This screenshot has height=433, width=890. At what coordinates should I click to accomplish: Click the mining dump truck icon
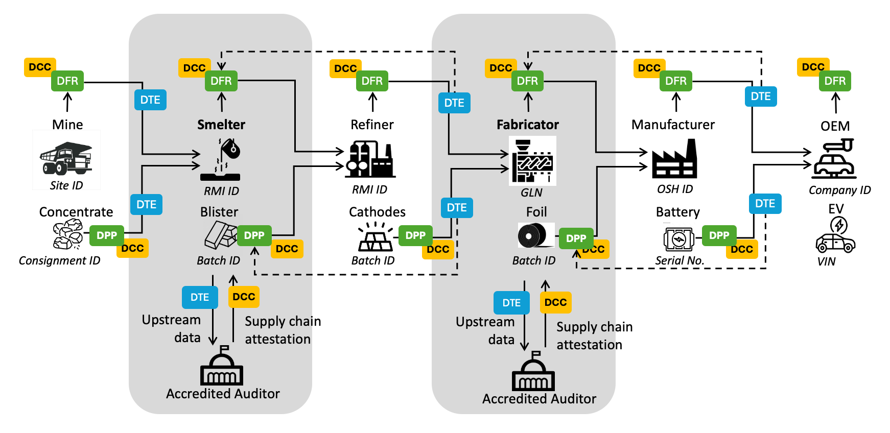click(66, 158)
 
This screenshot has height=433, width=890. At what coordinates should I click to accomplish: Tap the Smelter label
click(221, 125)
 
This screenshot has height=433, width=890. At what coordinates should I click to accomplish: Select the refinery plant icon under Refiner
click(370, 160)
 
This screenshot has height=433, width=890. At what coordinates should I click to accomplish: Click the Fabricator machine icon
click(532, 160)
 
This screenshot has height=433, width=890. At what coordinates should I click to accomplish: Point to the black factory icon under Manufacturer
click(674, 159)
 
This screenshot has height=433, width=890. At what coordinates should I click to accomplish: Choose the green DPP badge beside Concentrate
click(107, 235)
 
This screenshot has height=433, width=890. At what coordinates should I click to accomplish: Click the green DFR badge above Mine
click(67, 81)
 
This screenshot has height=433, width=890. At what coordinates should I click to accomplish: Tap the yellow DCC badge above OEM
click(812, 67)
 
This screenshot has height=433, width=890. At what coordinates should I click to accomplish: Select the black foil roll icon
click(535, 236)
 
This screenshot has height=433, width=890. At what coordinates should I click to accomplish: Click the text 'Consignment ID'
click(59, 260)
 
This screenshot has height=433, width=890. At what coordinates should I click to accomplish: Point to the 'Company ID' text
click(839, 190)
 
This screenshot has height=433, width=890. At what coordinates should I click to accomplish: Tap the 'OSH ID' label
click(675, 189)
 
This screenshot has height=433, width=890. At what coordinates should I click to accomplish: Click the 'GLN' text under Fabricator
click(531, 193)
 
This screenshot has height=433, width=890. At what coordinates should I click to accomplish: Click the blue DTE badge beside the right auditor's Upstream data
click(511, 303)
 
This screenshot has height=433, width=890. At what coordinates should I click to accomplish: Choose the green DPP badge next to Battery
click(719, 235)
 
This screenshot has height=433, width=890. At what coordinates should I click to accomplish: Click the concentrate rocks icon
click(68, 234)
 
